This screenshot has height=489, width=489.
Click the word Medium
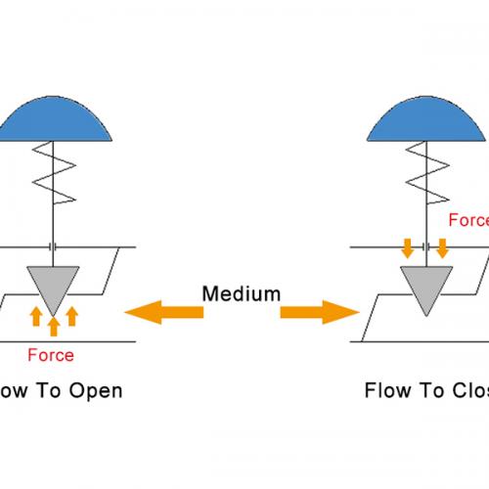[242, 264]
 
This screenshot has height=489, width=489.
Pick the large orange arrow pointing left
[164, 312]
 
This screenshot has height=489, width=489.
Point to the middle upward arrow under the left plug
[54, 324]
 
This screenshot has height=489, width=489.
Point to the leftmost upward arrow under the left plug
[35, 315]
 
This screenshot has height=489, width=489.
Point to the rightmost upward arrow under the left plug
[72, 315]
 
